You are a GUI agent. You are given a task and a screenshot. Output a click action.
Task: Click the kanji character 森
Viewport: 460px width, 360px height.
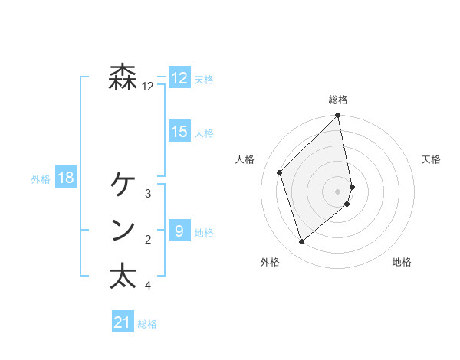[x=123, y=77]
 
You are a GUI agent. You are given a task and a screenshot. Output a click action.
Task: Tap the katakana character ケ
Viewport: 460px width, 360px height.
[x=123, y=184]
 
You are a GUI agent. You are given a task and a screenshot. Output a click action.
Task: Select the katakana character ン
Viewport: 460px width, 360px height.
[x=123, y=230]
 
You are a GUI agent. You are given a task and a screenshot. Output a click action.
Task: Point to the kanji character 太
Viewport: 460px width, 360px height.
[x=123, y=276]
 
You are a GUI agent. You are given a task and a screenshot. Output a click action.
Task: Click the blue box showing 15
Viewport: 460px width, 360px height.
[x=179, y=132]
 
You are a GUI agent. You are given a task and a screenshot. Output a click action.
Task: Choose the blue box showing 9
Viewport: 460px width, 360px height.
[x=179, y=231]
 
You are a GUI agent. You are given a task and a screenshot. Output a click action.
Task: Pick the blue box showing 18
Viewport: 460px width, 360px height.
[x=66, y=178]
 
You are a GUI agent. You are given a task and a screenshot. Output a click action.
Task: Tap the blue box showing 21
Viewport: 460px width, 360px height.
[x=123, y=322]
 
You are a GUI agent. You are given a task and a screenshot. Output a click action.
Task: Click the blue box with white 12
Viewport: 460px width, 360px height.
[x=179, y=78]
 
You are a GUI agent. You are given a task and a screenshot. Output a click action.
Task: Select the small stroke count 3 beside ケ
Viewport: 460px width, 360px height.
[x=148, y=194]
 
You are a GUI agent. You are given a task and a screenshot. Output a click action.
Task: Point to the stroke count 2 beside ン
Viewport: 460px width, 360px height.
[x=148, y=240]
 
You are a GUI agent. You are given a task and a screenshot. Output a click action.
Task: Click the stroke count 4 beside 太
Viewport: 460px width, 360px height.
[x=148, y=286]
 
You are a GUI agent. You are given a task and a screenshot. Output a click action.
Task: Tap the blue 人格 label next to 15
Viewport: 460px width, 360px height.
[x=204, y=133]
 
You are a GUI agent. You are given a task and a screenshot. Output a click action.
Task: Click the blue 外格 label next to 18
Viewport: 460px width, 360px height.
[x=41, y=179]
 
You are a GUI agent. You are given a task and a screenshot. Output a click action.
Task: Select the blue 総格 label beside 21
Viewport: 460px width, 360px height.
[x=147, y=324]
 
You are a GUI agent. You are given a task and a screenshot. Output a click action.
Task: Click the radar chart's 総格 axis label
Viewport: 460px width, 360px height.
[x=338, y=100]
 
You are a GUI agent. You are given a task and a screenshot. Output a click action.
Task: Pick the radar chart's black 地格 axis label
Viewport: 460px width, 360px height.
[x=402, y=263]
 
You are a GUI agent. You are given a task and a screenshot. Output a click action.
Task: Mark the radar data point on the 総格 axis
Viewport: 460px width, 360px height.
[x=338, y=116]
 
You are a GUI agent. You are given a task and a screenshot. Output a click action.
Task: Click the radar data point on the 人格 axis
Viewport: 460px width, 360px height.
[x=280, y=172]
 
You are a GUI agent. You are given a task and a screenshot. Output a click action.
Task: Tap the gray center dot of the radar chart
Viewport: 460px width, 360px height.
[x=338, y=191]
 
